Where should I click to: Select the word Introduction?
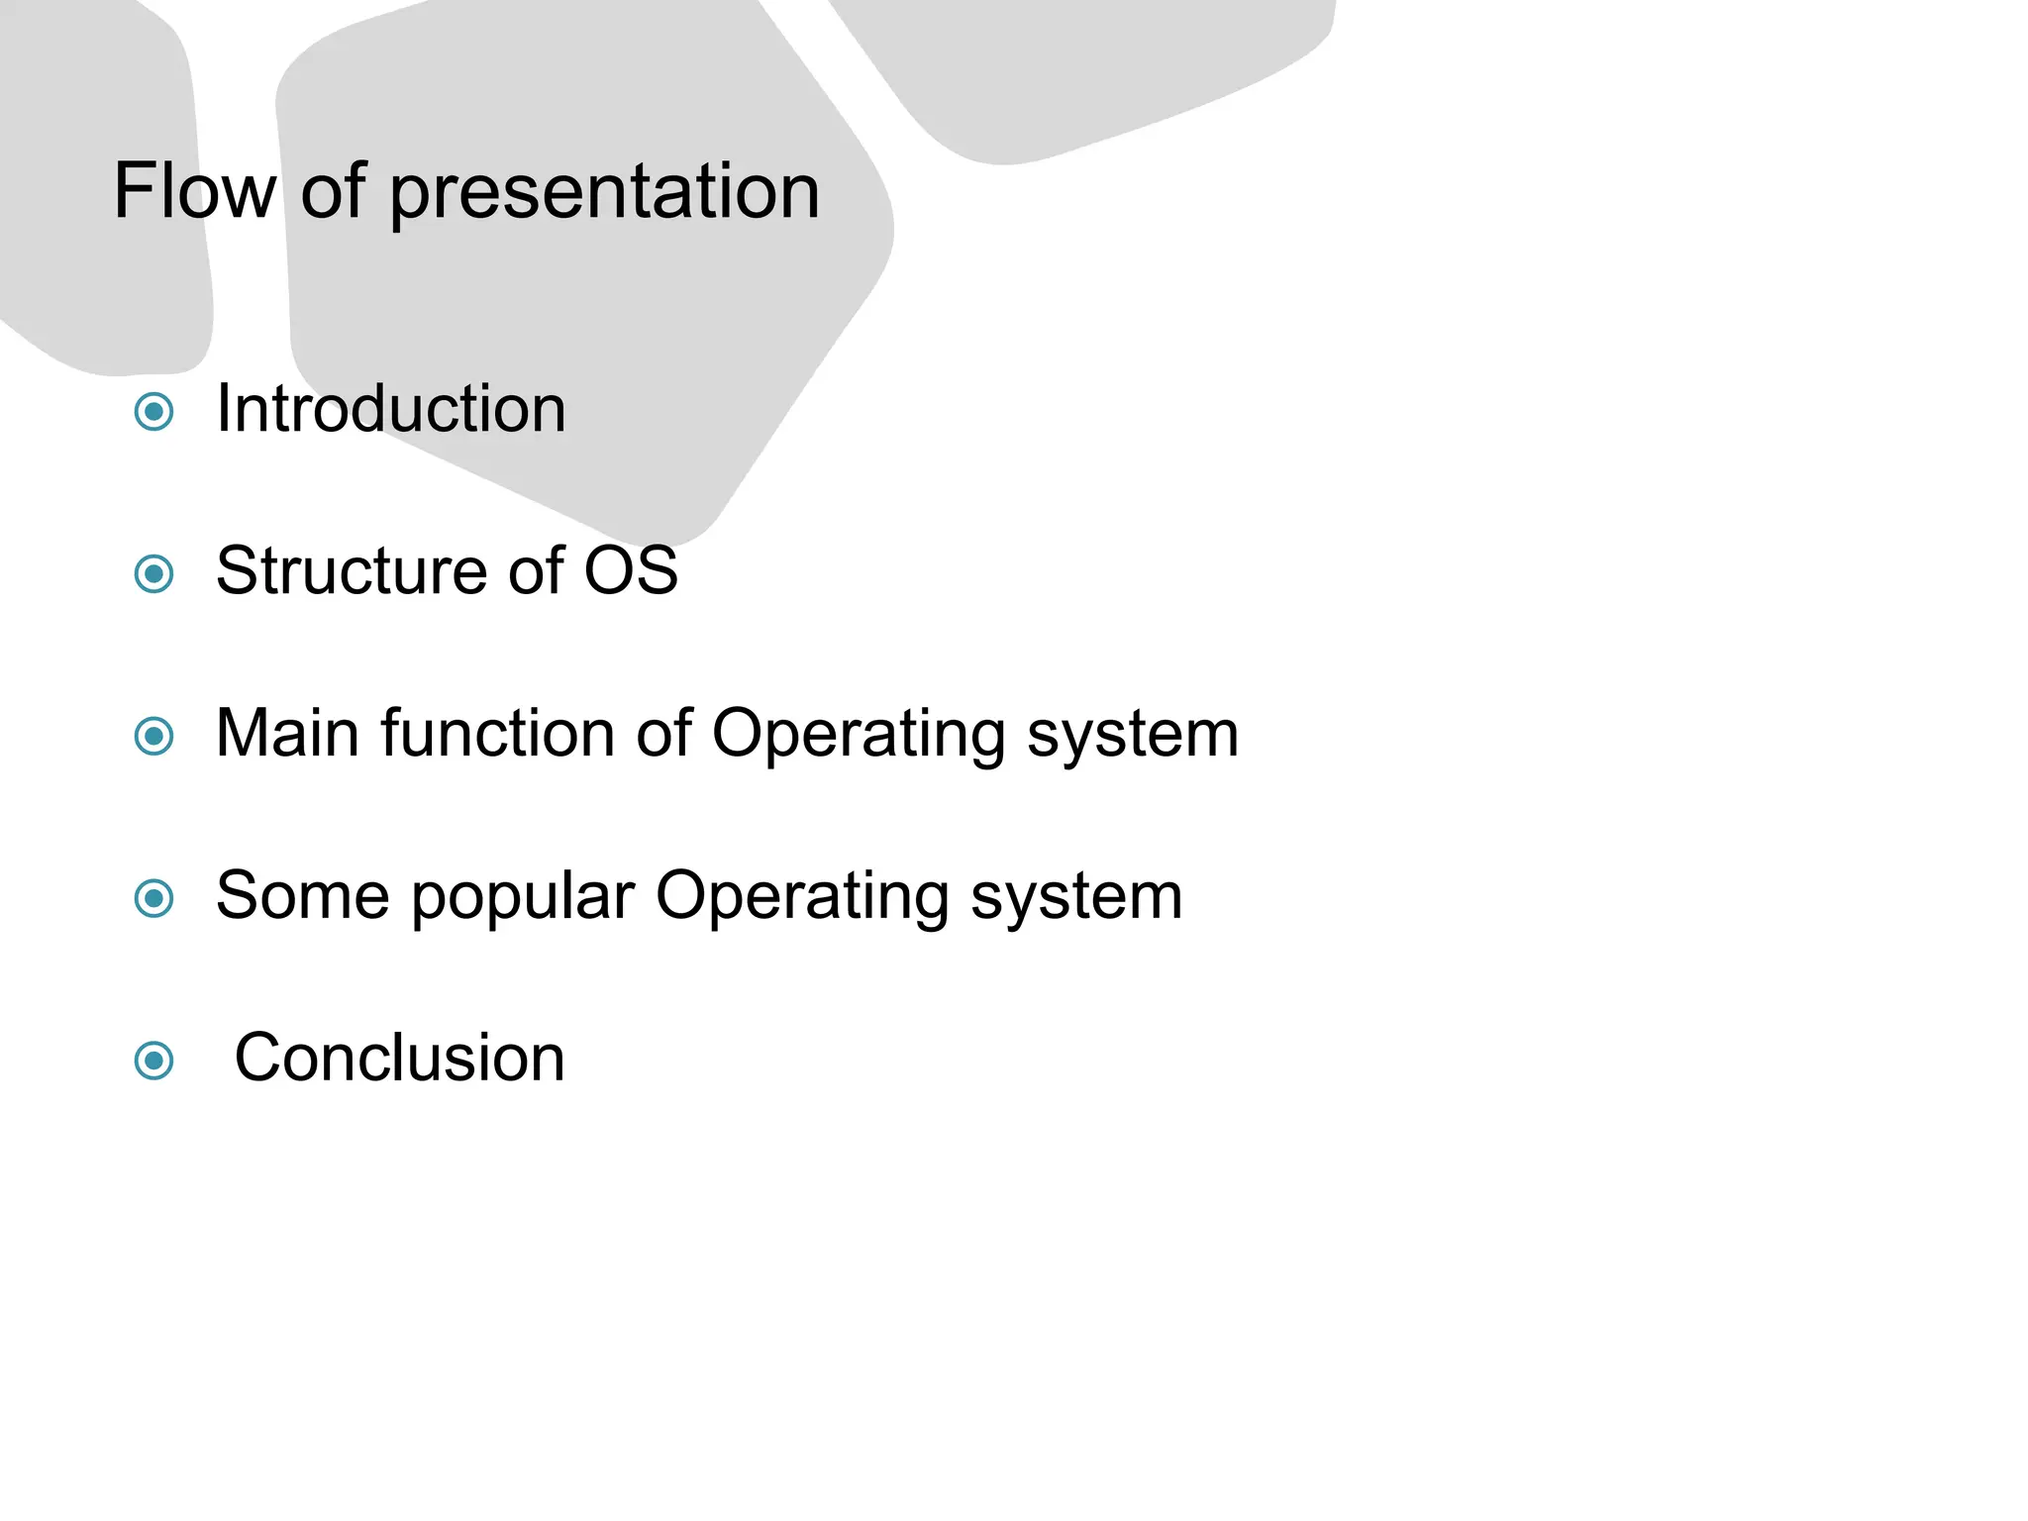click(x=391, y=408)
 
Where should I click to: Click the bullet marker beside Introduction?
click(x=153, y=411)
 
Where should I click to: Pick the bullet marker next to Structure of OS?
click(x=153, y=573)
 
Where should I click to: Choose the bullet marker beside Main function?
click(x=153, y=736)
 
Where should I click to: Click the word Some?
click(x=303, y=895)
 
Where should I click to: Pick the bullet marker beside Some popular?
click(x=153, y=898)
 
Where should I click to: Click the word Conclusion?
click(x=399, y=1058)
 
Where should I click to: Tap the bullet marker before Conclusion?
click(x=153, y=1061)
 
